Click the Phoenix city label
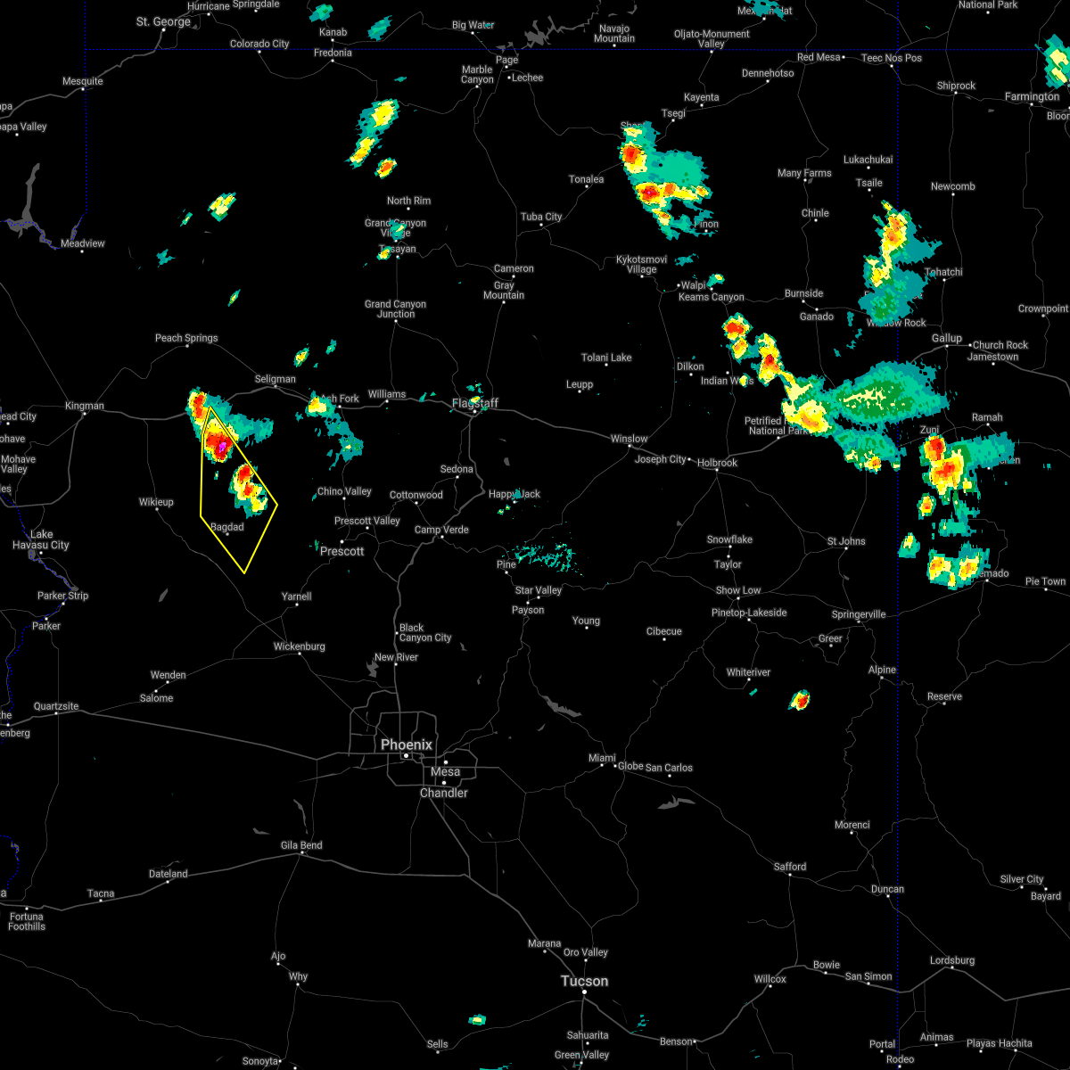(406, 745)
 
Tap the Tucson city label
(584, 981)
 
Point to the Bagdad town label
(226, 527)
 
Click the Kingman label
(85, 406)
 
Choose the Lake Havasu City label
(41, 539)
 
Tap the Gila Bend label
(300, 845)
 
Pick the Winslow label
(629, 439)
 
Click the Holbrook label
(717, 463)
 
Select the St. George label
(163, 21)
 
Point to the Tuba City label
(541, 217)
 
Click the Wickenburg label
(299, 646)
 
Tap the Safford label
(789, 867)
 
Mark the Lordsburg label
(952, 960)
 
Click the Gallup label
(947, 338)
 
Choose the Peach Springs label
(186, 338)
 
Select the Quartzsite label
(56, 706)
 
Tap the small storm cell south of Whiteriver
(800, 700)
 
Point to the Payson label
(528, 610)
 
